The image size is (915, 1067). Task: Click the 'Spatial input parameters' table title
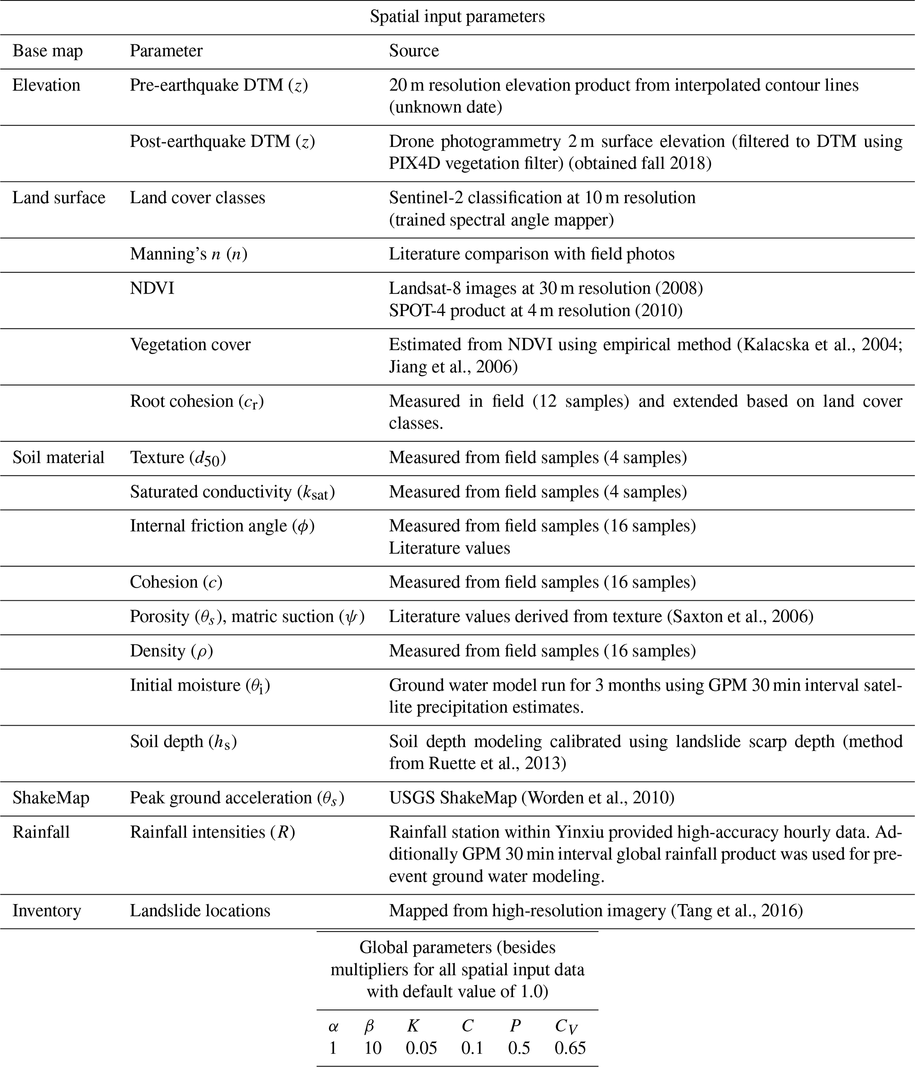point(457,17)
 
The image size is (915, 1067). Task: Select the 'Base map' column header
point(47,51)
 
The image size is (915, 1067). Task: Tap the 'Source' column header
point(413,51)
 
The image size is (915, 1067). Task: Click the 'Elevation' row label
point(46,85)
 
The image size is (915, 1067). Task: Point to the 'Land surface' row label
point(59,198)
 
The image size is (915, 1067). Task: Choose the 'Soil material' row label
point(58,457)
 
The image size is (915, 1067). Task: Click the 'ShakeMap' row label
point(51,798)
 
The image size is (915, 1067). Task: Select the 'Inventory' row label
point(47,910)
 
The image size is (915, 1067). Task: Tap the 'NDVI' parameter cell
point(152,288)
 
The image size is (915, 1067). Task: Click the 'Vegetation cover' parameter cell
point(190,344)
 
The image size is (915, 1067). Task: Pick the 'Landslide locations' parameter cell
point(200,910)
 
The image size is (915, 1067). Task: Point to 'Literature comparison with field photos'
point(531,254)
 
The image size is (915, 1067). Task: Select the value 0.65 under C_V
point(570,1048)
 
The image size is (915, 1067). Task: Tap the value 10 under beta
point(372,1048)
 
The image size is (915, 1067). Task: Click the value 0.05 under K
point(421,1048)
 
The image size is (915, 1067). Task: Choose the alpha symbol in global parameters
point(333,1026)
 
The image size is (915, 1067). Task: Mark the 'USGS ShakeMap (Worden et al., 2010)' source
point(531,798)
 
